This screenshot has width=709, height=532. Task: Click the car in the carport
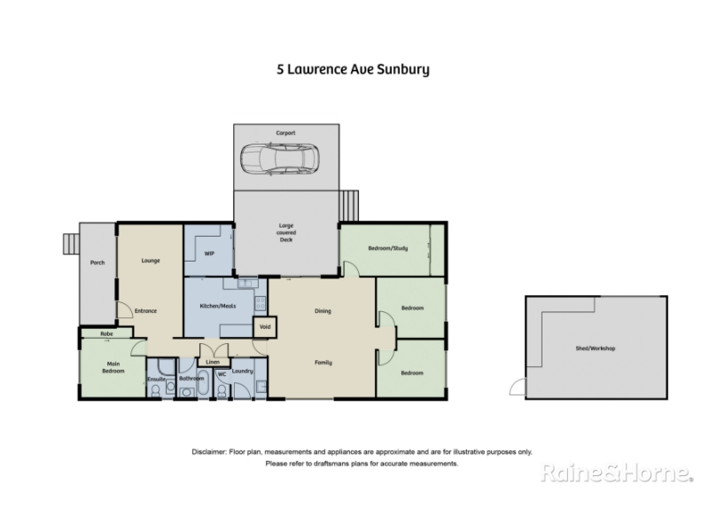[x=279, y=159]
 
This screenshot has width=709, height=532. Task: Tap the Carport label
[x=285, y=133]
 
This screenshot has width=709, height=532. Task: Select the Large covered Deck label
[x=286, y=232]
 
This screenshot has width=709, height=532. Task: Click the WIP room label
[x=209, y=254]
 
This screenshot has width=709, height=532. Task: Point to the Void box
[x=265, y=326]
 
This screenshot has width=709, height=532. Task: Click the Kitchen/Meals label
[x=218, y=306]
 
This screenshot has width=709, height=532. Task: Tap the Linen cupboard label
[x=213, y=362]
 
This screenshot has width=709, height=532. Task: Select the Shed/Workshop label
[x=595, y=348]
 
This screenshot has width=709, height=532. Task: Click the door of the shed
[x=518, y=387]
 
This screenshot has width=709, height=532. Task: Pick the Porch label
[x=97, y=262]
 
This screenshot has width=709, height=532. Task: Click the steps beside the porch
[x=71, y=244]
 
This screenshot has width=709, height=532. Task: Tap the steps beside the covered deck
[x=348, y=206]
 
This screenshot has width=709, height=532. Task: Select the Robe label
[x=106, y=334]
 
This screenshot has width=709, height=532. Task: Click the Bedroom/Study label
[x=388, y=248]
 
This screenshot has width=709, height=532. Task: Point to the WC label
[x=222, y=374]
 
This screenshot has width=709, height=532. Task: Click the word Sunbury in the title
[x=403, y=70]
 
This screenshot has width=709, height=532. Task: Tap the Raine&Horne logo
[x=617, y=473]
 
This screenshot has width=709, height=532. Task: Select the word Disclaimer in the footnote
[x=208, y=452]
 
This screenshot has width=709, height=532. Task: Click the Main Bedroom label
[x=113, y=367]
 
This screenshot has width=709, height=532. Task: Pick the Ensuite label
[x=157, y=379]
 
